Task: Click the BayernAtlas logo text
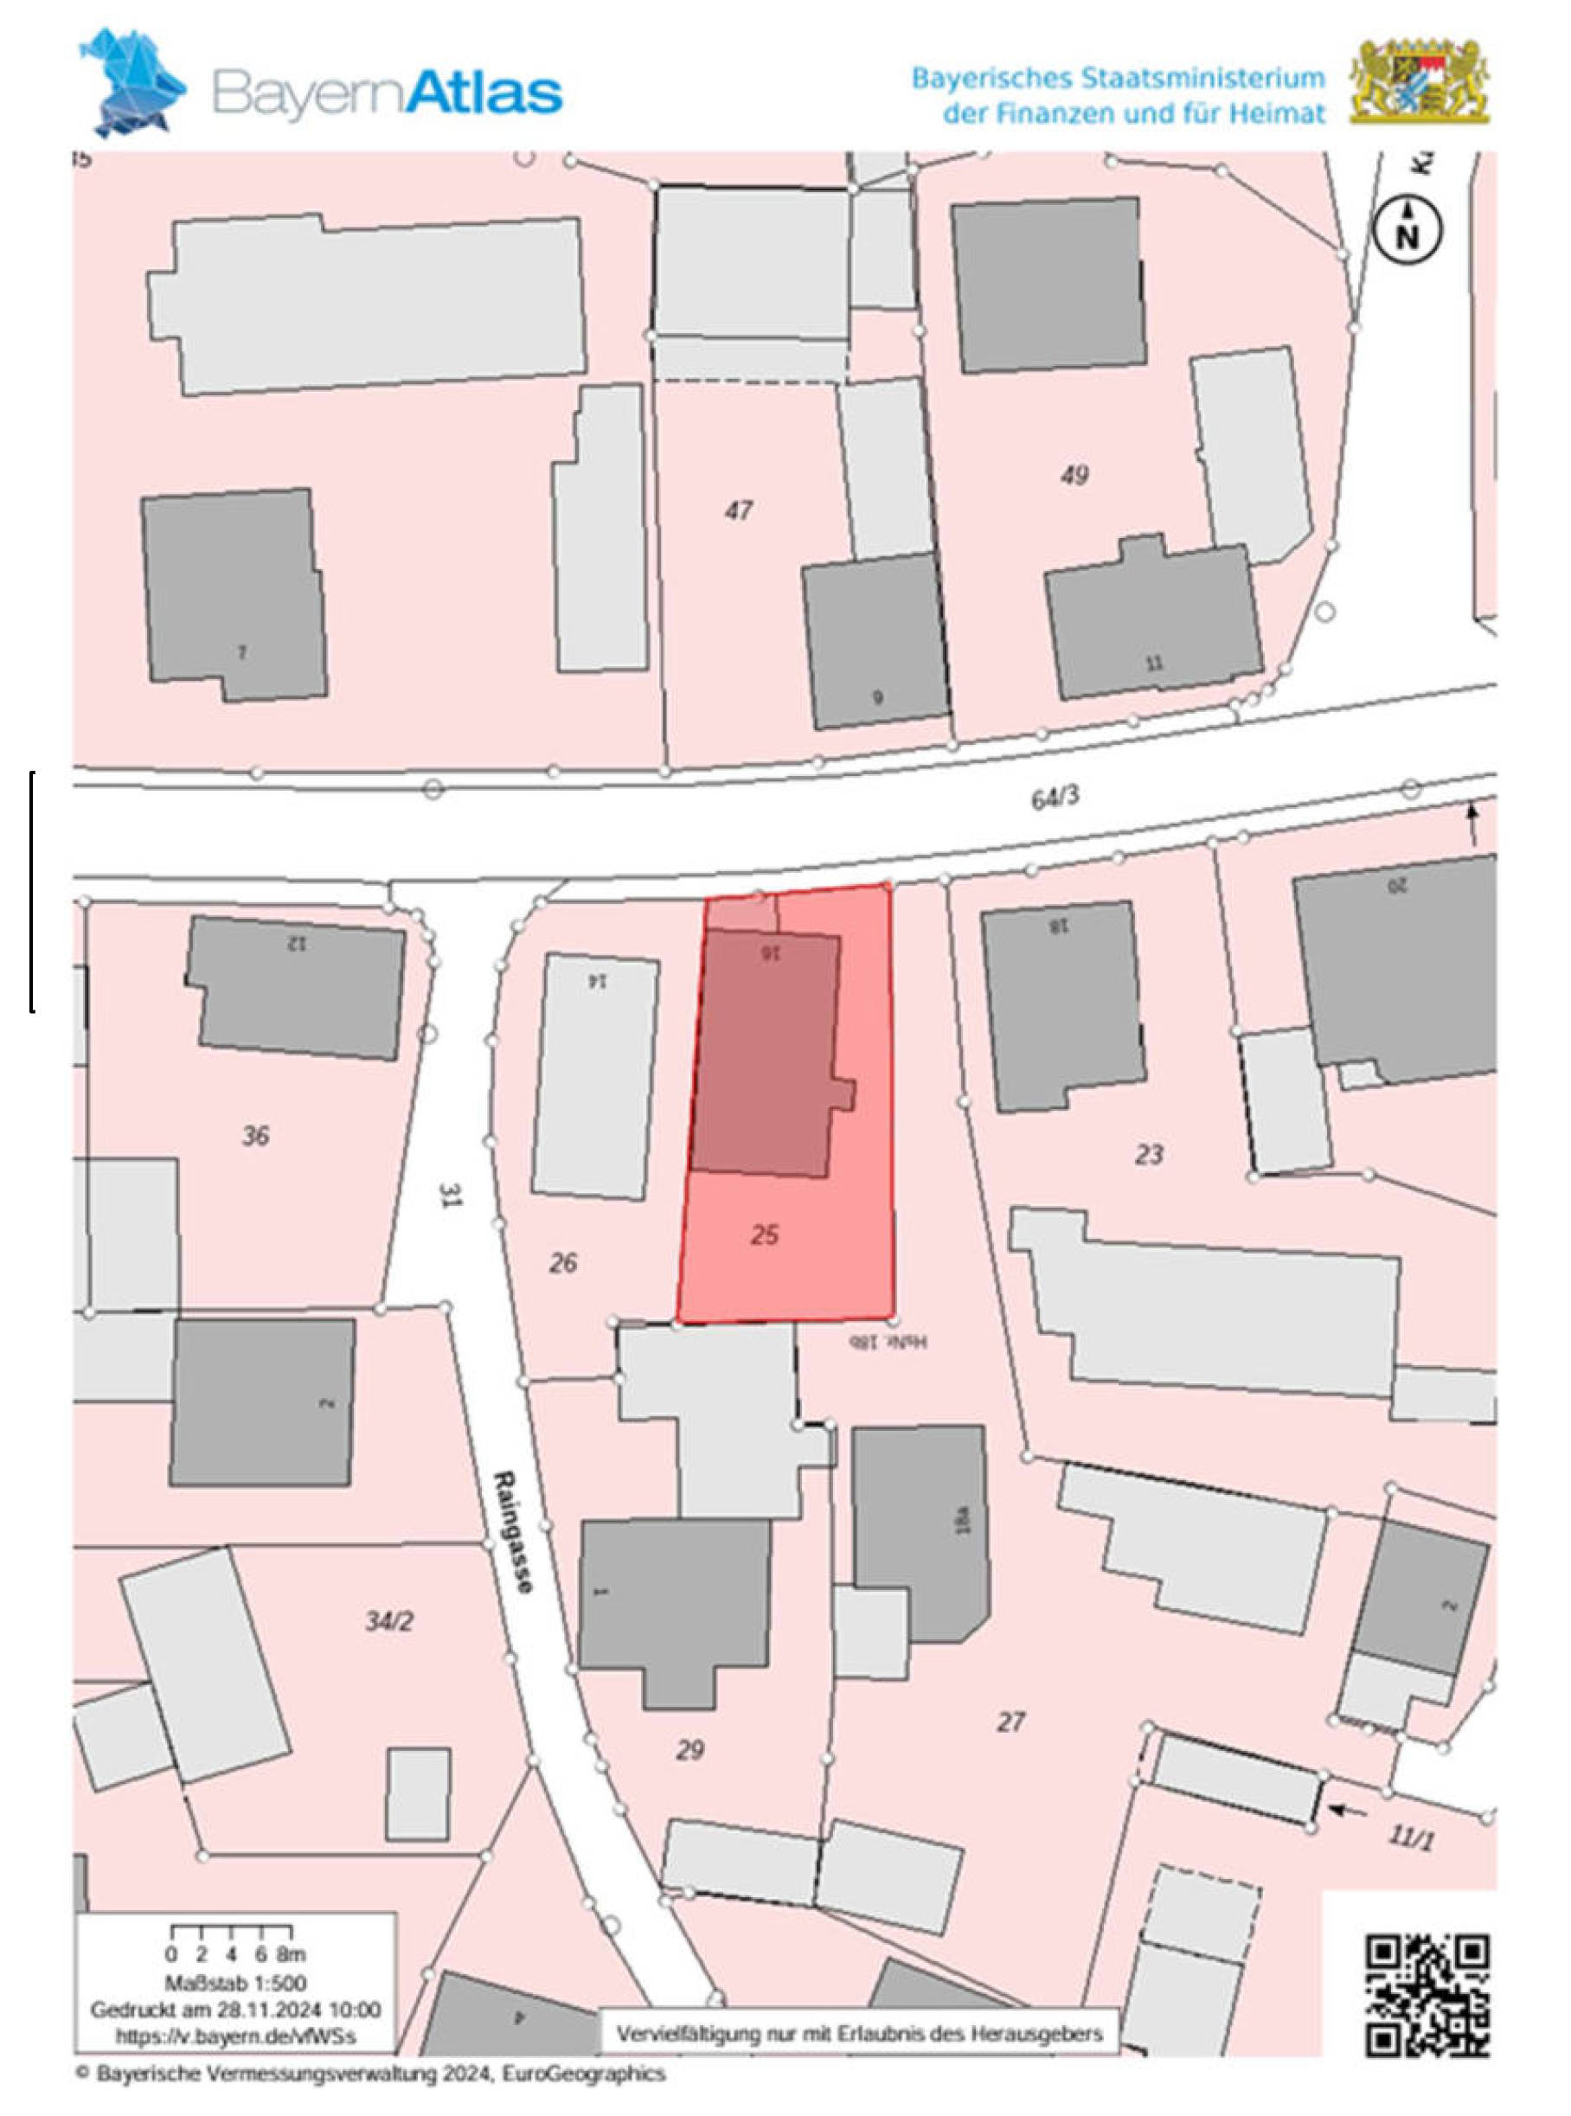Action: pos(386,93)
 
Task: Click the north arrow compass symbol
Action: pos(1407,231)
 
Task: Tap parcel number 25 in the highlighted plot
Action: pos(765,1235)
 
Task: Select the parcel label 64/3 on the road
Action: pos(1055,798)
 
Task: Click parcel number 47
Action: pos(738,510)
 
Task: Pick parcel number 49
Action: pos(1074,475)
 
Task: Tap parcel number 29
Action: pos(689,1750)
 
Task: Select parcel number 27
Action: pos(1011,1722)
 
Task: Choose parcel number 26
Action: pos(563,1263)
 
